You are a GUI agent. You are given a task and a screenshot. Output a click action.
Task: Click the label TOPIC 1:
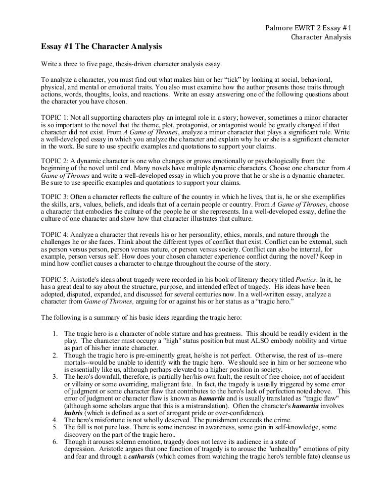(55, 116)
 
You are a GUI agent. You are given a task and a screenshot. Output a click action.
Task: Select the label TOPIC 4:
(55, 235)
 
